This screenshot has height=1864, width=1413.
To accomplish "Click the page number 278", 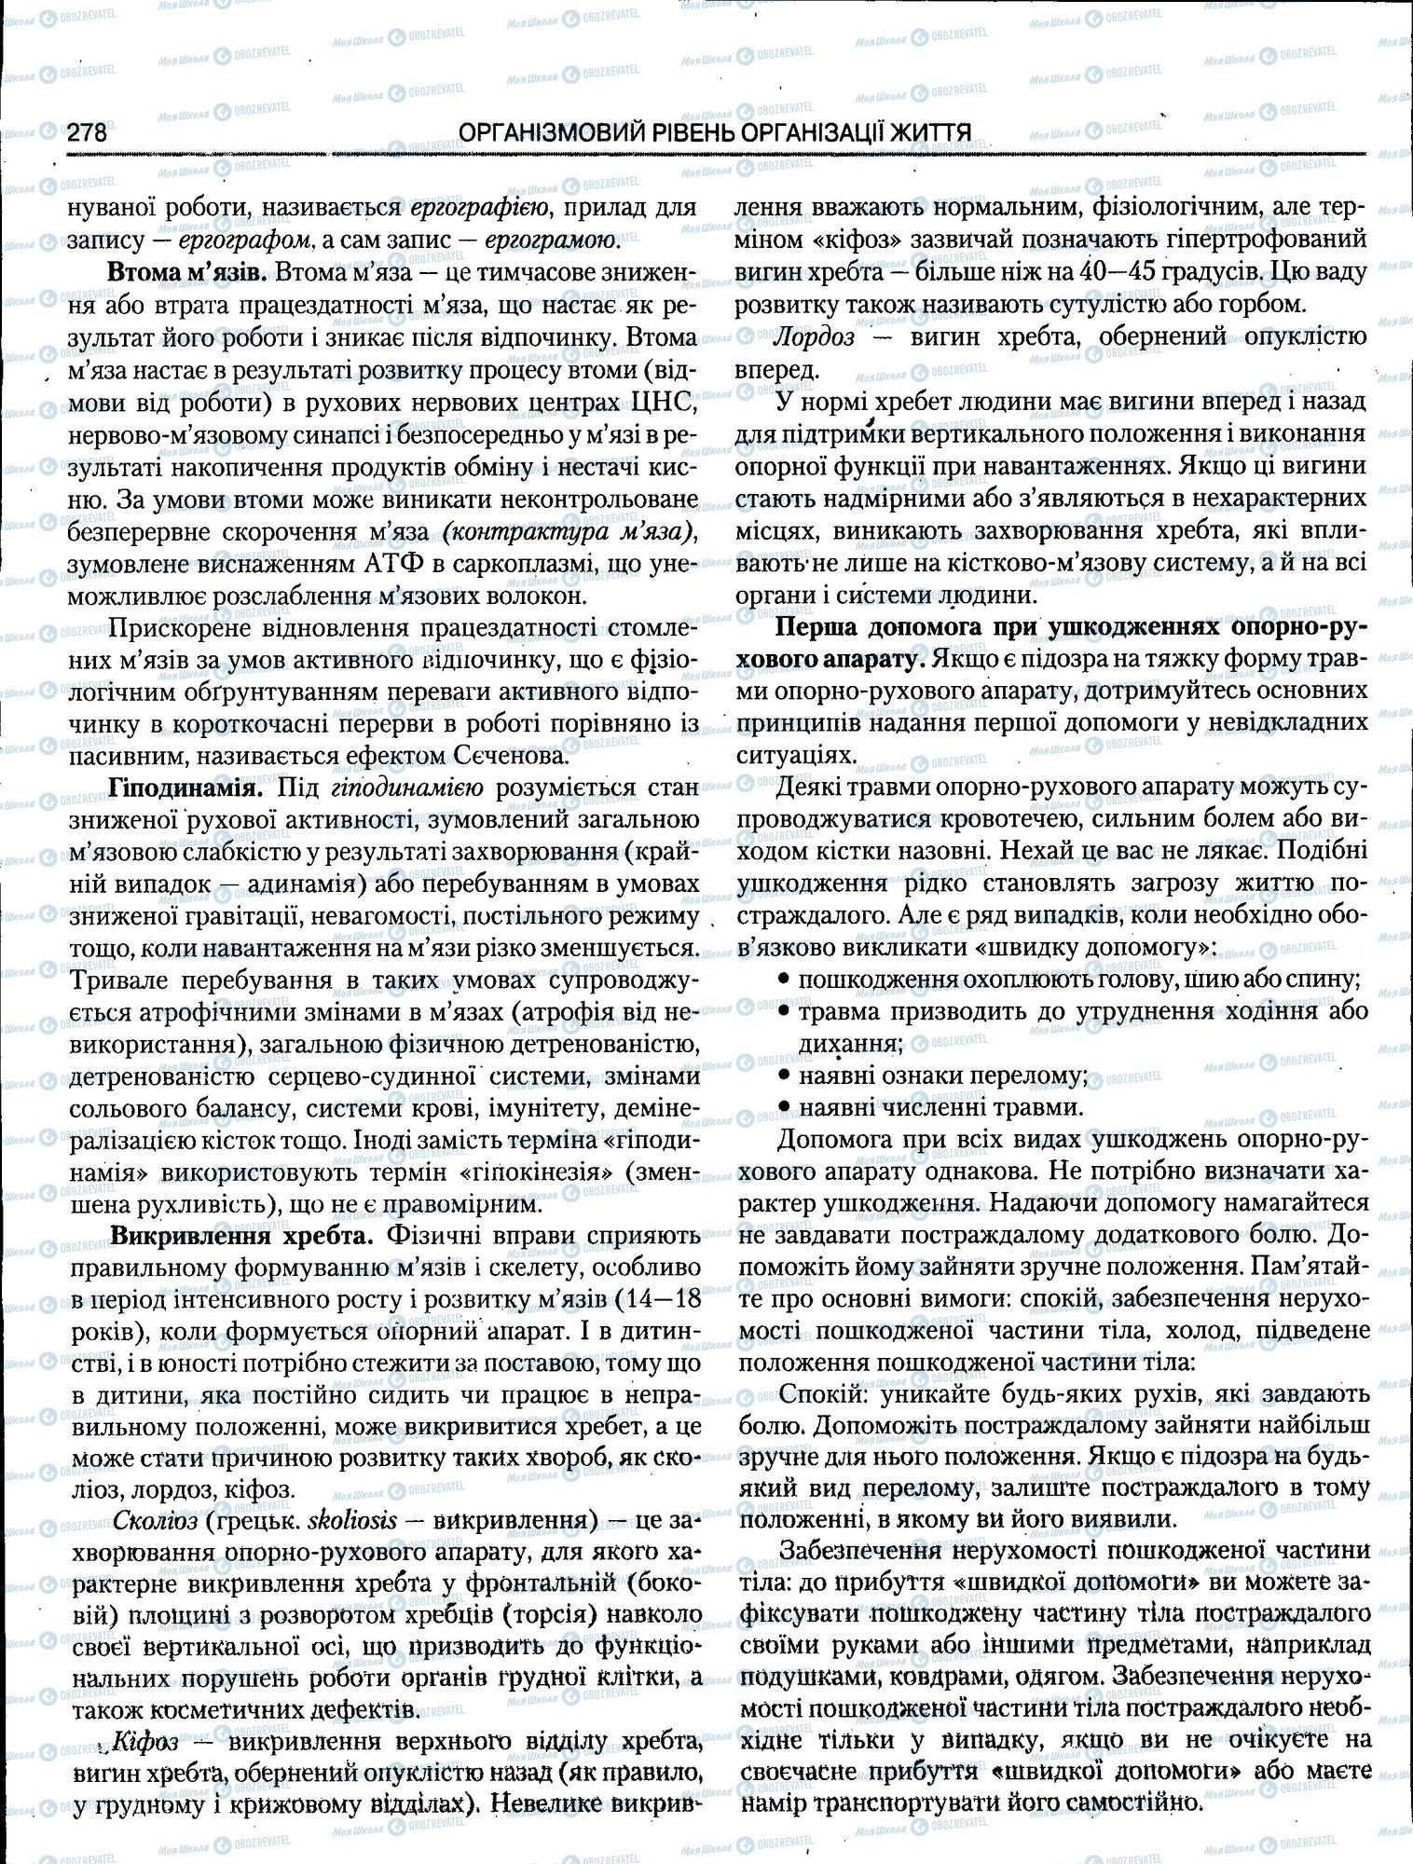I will pos(87,133).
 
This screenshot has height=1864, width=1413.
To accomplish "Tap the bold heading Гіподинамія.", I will pos(185,788).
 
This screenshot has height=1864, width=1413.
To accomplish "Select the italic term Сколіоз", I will pos(154,1519).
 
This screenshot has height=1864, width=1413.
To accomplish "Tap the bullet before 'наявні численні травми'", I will pos(784,1108).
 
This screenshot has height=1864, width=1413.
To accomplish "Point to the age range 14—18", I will pos(662,1299).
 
